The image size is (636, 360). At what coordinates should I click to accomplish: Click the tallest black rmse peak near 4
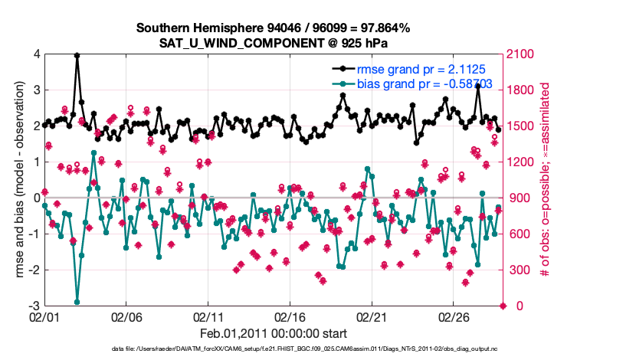(77, 55)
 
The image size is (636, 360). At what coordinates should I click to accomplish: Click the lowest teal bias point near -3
(77, 302)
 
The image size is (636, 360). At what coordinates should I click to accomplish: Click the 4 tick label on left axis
(36, 54)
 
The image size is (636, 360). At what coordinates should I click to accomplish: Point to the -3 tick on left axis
(34, 306)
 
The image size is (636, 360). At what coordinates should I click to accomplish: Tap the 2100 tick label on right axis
(520, 54)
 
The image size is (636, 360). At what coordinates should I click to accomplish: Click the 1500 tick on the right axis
(520, 126)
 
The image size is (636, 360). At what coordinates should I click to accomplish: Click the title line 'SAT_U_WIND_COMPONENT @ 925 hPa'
(274, 42)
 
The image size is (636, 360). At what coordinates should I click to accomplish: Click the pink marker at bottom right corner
(503, 306)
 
